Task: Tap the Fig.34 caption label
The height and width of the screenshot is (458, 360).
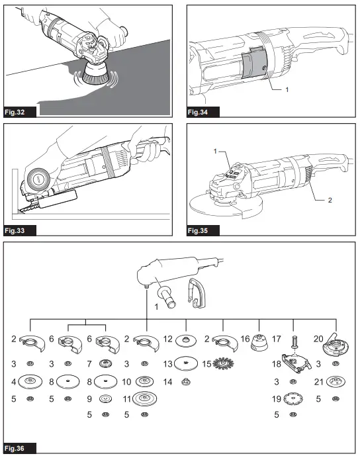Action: pyautogui.click(x=199, y=111)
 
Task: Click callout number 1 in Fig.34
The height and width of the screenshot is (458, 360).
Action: pyautogui.click(x=287, y=87)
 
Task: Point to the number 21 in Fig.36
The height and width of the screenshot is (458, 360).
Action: pyautogui.click(x=319, y=381)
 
